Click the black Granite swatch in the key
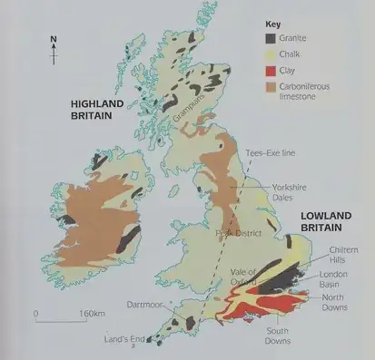pyautogui.click(x=271, y=38)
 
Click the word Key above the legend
pyautogui.click(x=273, y=24)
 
